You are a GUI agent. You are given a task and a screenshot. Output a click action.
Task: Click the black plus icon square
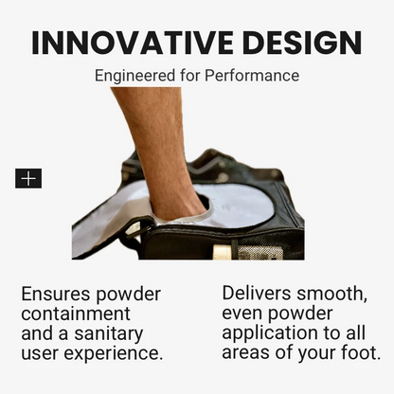click(28, 178)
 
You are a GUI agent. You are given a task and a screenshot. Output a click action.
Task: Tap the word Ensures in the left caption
click(58, 294)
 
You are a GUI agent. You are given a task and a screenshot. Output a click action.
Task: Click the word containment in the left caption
click(76, 313)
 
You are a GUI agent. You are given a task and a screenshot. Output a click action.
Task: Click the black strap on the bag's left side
click(133, 232)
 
